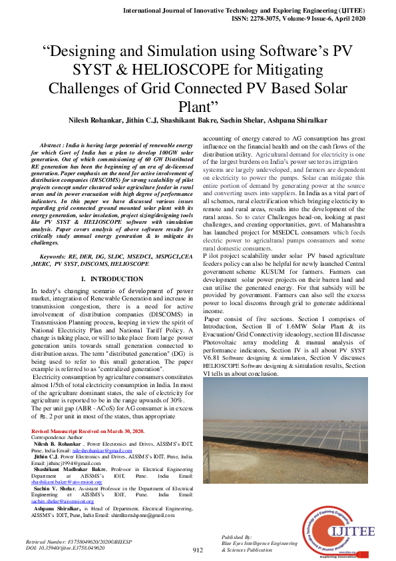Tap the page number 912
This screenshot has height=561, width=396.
click(198, 550)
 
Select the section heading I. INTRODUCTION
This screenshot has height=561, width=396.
click(107, 278)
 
